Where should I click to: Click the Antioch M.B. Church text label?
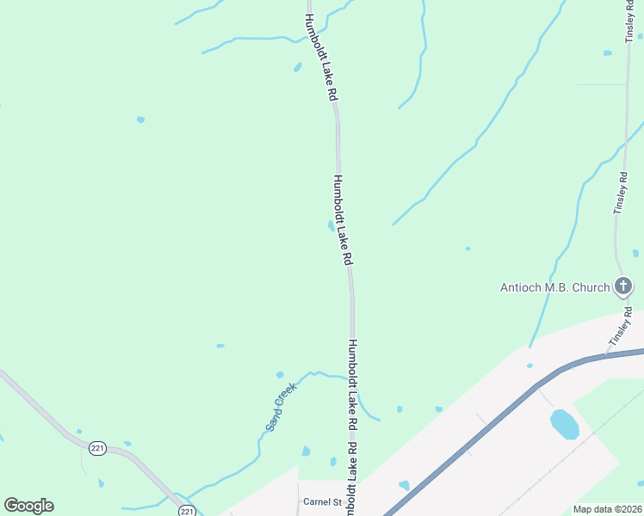554,287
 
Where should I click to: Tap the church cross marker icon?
623,286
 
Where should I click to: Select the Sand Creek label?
281,407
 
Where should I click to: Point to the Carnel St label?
321,501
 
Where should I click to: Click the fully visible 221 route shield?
97,449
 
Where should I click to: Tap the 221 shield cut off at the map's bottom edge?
187,511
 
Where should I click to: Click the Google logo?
28,506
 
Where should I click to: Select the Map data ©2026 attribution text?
608,509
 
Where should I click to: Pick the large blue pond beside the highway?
564,423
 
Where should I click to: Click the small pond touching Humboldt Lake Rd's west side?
331,226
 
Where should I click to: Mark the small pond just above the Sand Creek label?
280,375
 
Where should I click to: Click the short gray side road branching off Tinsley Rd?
601,84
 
